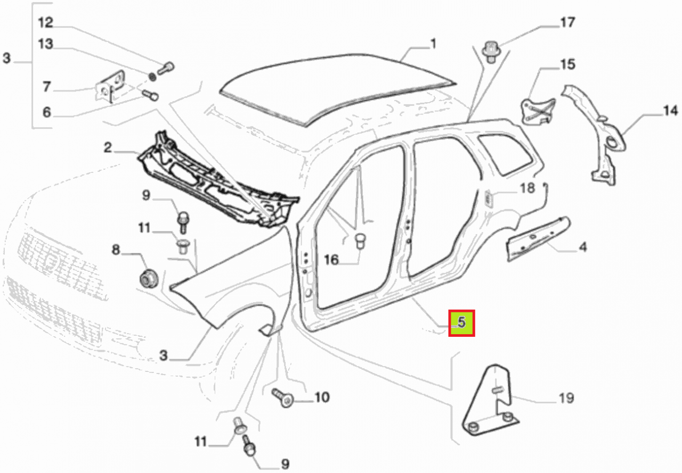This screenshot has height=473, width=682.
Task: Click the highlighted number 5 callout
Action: (461, 323)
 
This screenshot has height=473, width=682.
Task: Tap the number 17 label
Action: (567, 22)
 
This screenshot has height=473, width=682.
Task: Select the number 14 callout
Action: (670, 111)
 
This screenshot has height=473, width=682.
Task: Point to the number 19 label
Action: (566, 398)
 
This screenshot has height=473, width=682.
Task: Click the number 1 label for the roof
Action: (434, 44)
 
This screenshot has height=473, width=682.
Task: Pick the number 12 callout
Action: (46, 23)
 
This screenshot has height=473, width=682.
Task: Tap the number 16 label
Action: (331, 260)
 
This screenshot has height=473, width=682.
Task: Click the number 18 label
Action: (527, 188)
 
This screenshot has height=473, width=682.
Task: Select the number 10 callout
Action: (322, 397)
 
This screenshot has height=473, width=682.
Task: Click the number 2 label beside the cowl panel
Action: (108, 148)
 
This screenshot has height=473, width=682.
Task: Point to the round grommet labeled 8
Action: (149, 278)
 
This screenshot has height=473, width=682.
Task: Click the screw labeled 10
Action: (283, 398)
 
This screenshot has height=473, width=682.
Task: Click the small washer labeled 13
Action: (153, 77)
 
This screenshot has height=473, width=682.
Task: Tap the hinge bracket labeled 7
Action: (111, 86)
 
